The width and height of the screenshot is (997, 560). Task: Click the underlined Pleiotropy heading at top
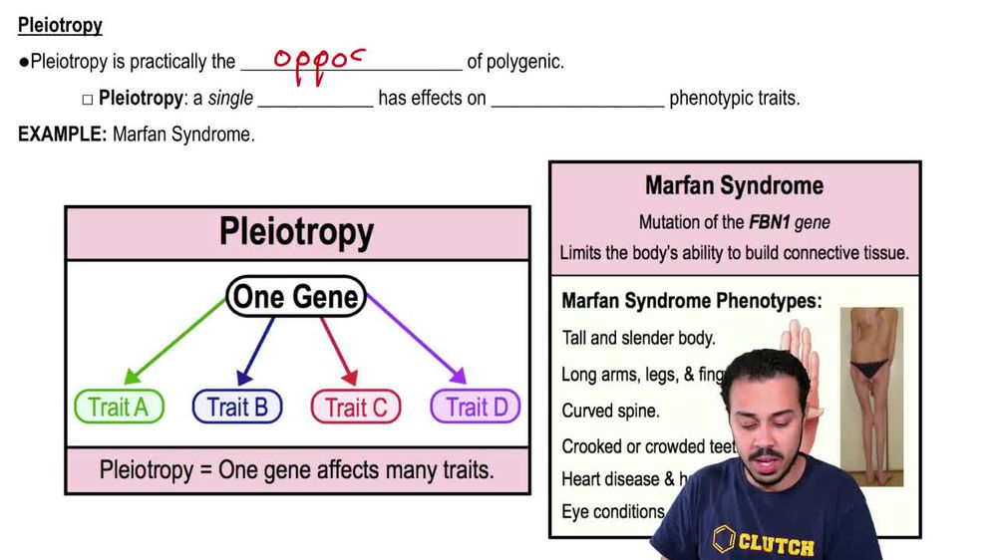click(60, 26)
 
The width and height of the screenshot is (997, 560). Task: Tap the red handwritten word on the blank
click(320, 63)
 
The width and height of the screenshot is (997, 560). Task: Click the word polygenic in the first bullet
click(525, 62)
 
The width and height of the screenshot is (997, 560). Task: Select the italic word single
click(230, 99)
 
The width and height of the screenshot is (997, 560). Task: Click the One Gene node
click(296, 296)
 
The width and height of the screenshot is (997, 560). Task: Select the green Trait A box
click(119, 407)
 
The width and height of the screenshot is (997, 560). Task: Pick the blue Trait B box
click(237, 407)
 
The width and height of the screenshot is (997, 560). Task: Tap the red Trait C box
click(356, 407)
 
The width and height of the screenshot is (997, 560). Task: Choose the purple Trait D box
click(476, 407)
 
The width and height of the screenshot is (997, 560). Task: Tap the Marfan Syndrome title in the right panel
click(734, 185)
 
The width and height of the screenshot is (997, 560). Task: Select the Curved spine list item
click(610, 411)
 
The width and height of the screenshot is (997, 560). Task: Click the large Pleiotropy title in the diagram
click(297, 233)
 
